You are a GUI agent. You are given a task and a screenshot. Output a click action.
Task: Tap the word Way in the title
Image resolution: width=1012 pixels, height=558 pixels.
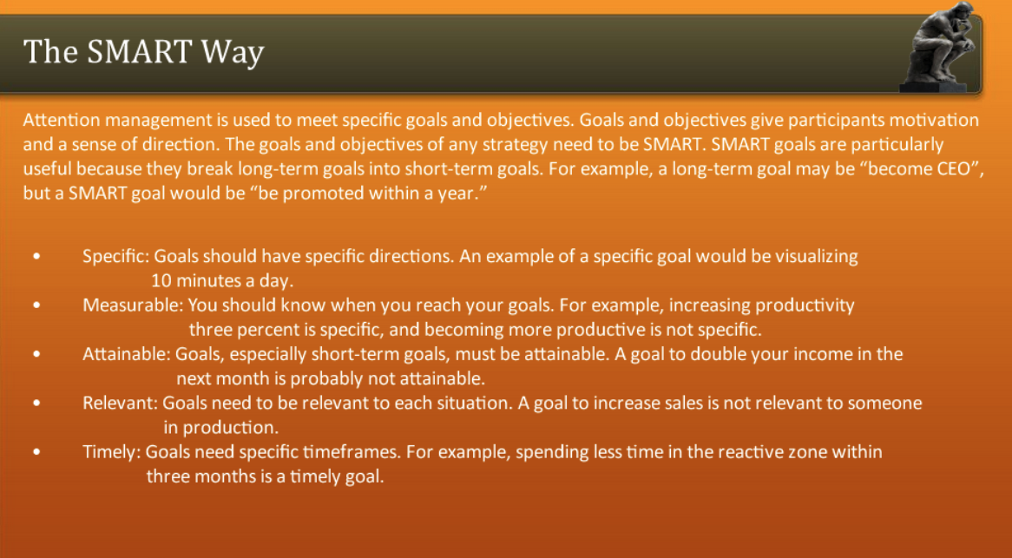[x=233, y=54]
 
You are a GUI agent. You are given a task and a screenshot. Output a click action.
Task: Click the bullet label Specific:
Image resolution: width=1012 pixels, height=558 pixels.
[x=117, y=257]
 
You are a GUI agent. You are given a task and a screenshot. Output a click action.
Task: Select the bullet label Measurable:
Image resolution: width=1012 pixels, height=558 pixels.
[x=133, y=305]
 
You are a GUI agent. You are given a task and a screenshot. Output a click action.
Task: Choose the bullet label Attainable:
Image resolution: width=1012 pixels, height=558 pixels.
[x=127, y=354]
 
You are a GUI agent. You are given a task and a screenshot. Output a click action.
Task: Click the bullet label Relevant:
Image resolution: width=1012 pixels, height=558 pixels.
[x=121, y=403]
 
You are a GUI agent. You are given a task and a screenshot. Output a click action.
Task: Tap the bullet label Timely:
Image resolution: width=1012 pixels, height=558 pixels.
[x=112, y=451]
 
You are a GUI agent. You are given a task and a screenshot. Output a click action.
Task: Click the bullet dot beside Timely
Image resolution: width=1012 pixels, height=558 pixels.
[x=36, y=452]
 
